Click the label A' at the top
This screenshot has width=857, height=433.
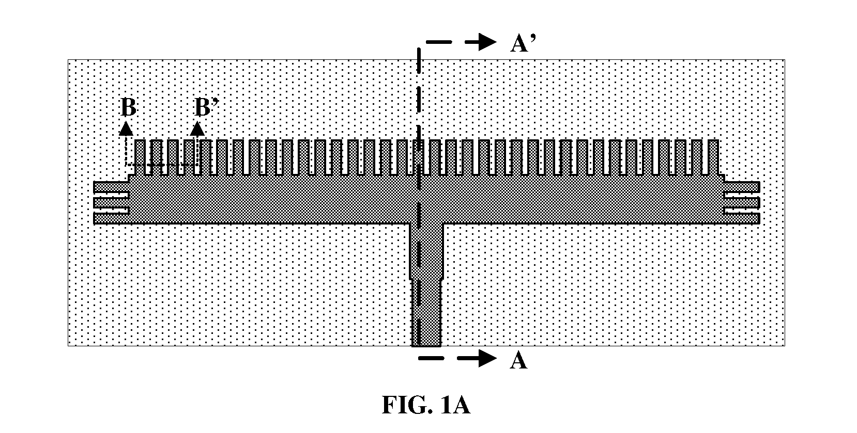(523, 43)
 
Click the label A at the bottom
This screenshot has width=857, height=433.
(518, 360)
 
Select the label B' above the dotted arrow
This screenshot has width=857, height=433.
(206, 107)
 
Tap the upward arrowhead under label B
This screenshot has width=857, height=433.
(126, 129)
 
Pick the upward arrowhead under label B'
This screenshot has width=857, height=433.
(197, 129)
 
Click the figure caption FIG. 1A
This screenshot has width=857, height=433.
(426, 405)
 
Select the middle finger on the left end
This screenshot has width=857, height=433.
(111, 203)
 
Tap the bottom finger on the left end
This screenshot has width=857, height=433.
(111, 218)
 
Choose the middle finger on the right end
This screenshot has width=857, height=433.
(742, 203)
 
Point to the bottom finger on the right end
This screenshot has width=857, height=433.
(742, 218)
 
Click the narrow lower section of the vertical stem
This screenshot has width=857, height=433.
(426, 313)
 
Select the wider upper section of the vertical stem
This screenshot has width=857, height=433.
(426, 251)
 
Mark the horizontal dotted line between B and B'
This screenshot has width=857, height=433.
(161, 165)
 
